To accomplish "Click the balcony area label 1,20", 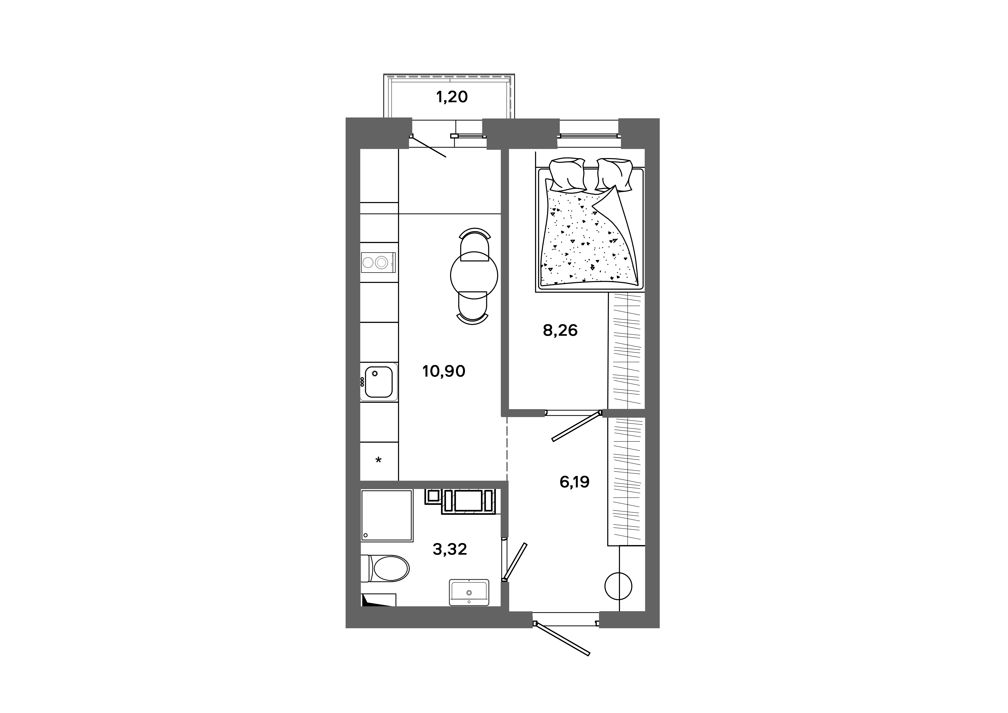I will (x=452, y=97).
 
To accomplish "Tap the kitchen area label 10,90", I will (x=443, y=371).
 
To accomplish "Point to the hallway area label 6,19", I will (x=574, y=482).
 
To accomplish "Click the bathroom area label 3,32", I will (x=450, y=549).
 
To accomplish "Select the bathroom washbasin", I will (x=469, y=592).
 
